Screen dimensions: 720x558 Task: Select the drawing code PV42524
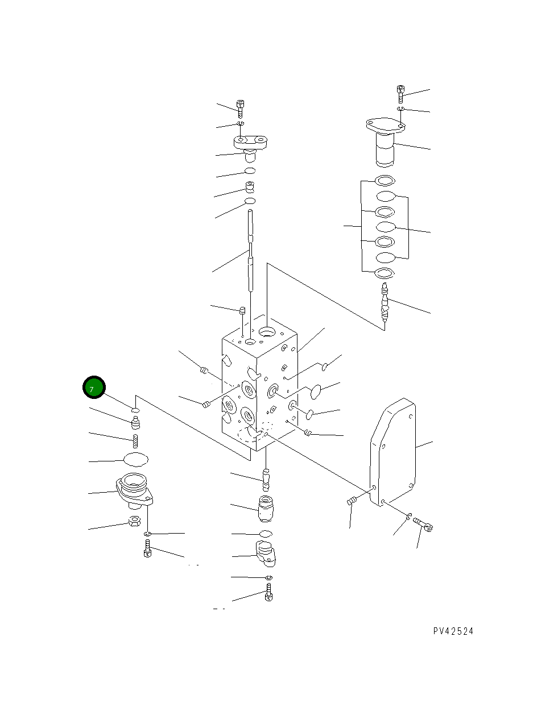(x=453, y=631)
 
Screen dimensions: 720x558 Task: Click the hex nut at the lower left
(x=135, y=521)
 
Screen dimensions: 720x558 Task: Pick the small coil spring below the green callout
(x=136, y=440)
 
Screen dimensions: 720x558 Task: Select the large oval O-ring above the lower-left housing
(x=135, y=459)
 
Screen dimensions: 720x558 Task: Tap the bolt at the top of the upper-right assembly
(x=400, y=94)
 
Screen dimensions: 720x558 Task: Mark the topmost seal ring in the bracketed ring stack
(x=385, y=181)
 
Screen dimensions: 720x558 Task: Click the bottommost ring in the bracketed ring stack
(x=385, y=273)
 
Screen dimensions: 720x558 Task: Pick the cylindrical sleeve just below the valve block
(x=266, y=507)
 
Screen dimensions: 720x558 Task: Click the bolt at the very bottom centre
(x=268, y=594)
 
